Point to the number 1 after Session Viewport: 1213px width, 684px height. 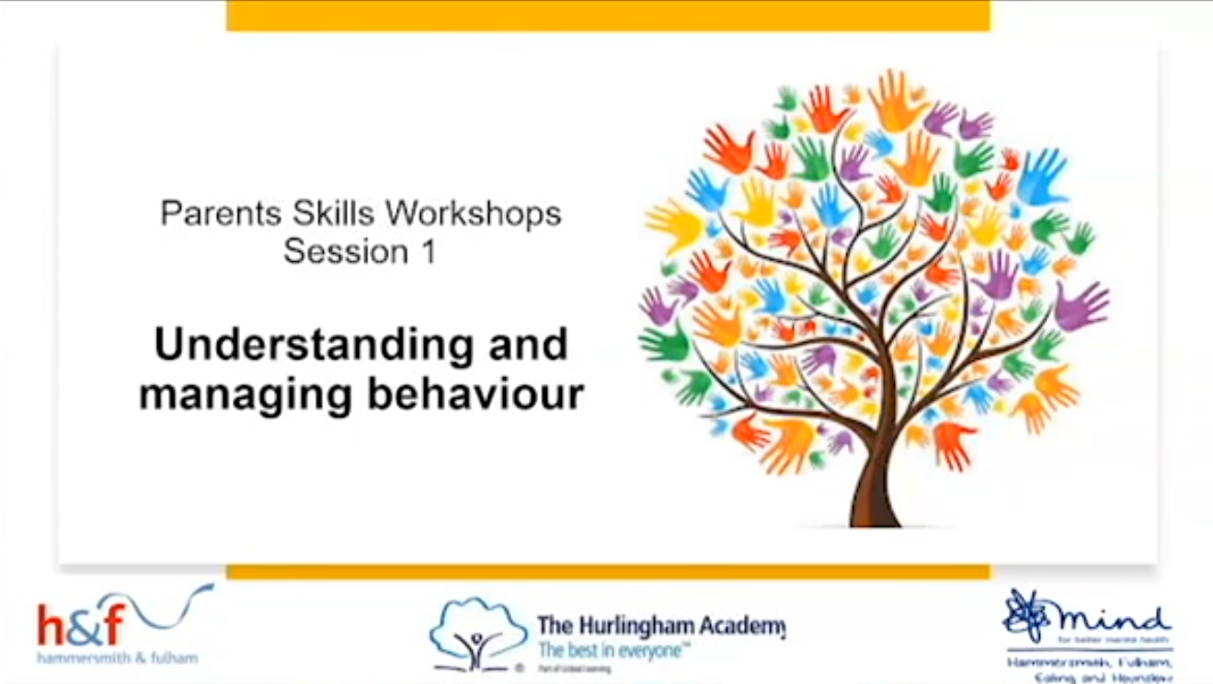427,251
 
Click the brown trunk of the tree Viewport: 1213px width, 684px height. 875,493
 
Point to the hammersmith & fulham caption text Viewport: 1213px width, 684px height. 117,658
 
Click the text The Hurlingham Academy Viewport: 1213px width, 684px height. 660,627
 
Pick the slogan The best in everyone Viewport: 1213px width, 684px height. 613,651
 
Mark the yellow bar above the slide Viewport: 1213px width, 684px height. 608,16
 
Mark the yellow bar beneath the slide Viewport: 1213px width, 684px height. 608,572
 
